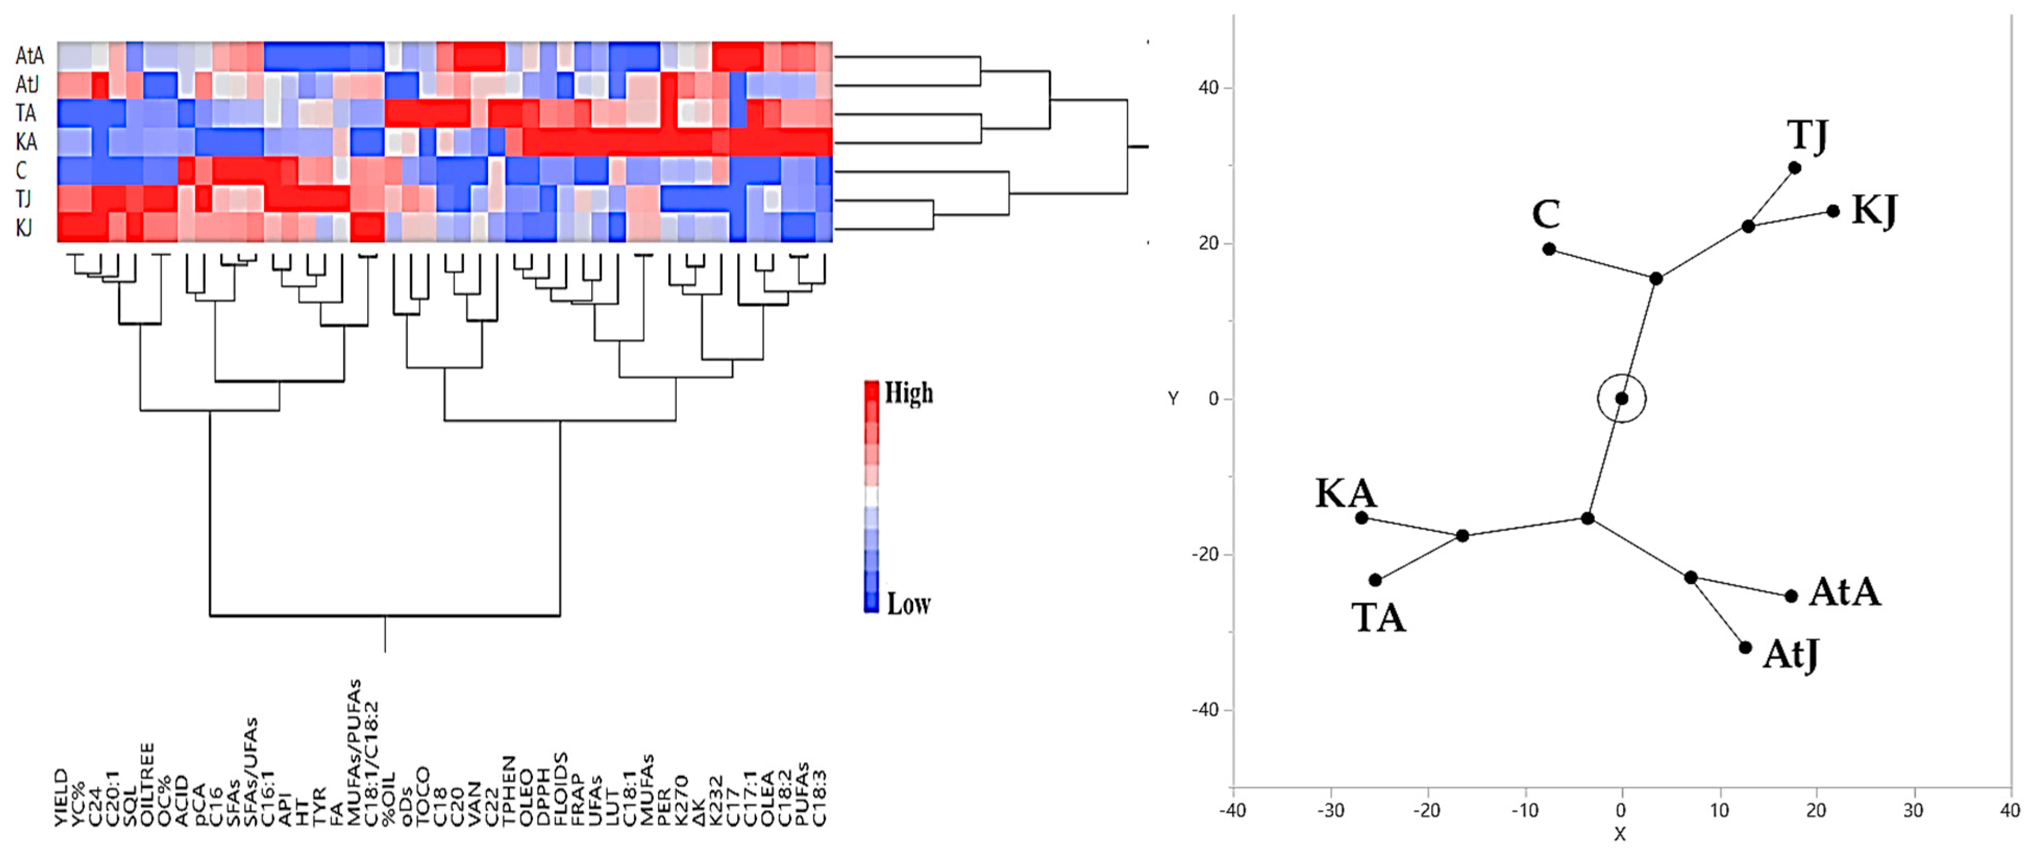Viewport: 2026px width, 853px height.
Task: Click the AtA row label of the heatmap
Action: (x=29, y=56)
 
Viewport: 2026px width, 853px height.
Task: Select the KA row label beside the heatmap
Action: (x=26, y=142)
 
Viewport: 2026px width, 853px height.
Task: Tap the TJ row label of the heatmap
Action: (x=23, y=199)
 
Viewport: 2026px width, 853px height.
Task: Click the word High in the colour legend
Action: (x=909, y=392)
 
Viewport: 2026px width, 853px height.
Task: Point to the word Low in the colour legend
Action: (x=909, y=604)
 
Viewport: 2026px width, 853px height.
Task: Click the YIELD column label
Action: (x=61, y=798)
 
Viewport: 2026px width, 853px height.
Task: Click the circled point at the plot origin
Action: (x=1622, y=398)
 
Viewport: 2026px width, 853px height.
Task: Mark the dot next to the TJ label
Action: (x=1794, y=168)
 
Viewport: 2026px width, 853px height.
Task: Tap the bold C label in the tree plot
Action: (x=1546, y=214)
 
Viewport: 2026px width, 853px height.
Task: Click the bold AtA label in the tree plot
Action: (x=1844, y=592)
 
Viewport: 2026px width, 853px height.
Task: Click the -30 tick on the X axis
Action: (x=1331, y=810)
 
